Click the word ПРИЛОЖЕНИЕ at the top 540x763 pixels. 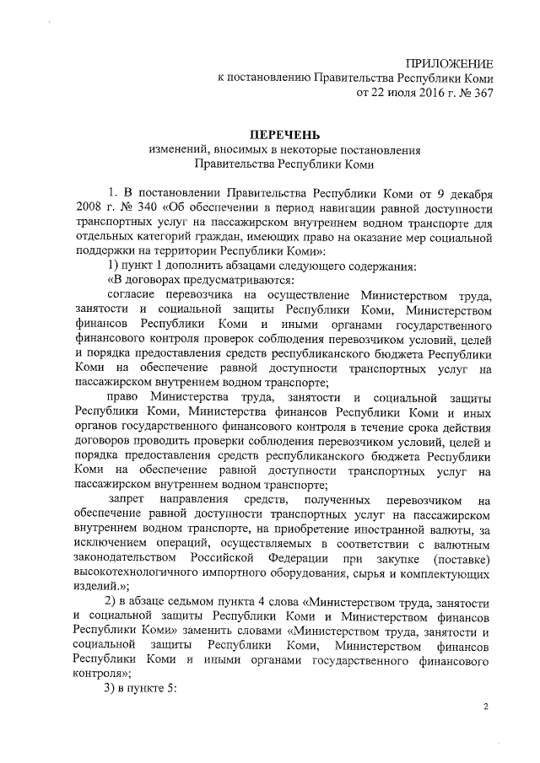click(448, 64)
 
